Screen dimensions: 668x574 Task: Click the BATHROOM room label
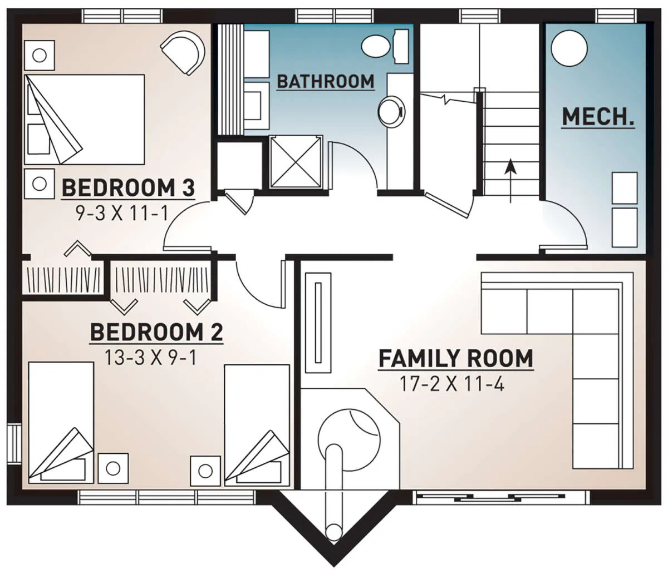[326, 81]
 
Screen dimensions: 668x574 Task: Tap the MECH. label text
[598, 117]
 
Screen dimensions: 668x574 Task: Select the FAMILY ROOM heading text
[456, 358]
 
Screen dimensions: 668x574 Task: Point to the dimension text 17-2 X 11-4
[452, 384]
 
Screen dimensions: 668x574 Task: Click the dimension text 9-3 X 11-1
[122, 214]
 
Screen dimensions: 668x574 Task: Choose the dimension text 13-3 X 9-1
[151, 358]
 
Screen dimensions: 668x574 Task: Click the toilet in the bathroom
[385, 47]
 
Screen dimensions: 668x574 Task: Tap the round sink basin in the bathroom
[391, 111]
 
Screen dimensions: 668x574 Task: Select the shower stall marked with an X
[296, 161]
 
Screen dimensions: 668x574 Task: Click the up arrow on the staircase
[510, 180]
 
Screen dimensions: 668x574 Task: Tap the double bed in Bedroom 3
[85, 120]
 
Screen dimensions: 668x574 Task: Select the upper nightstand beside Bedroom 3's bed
[40, 55]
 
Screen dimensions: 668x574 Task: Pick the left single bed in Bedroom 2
[61, 423]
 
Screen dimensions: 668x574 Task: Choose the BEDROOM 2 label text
[157, 333]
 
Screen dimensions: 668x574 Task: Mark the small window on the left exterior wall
[14, 444]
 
